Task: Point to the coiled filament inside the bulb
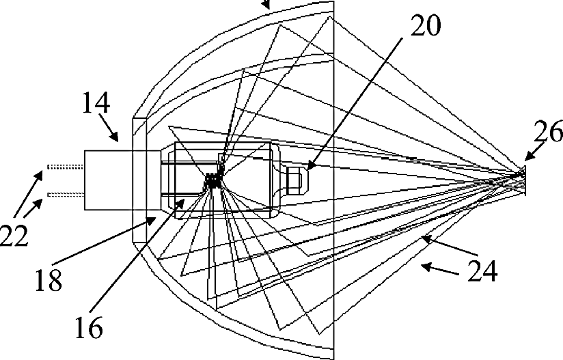[212, 182]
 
